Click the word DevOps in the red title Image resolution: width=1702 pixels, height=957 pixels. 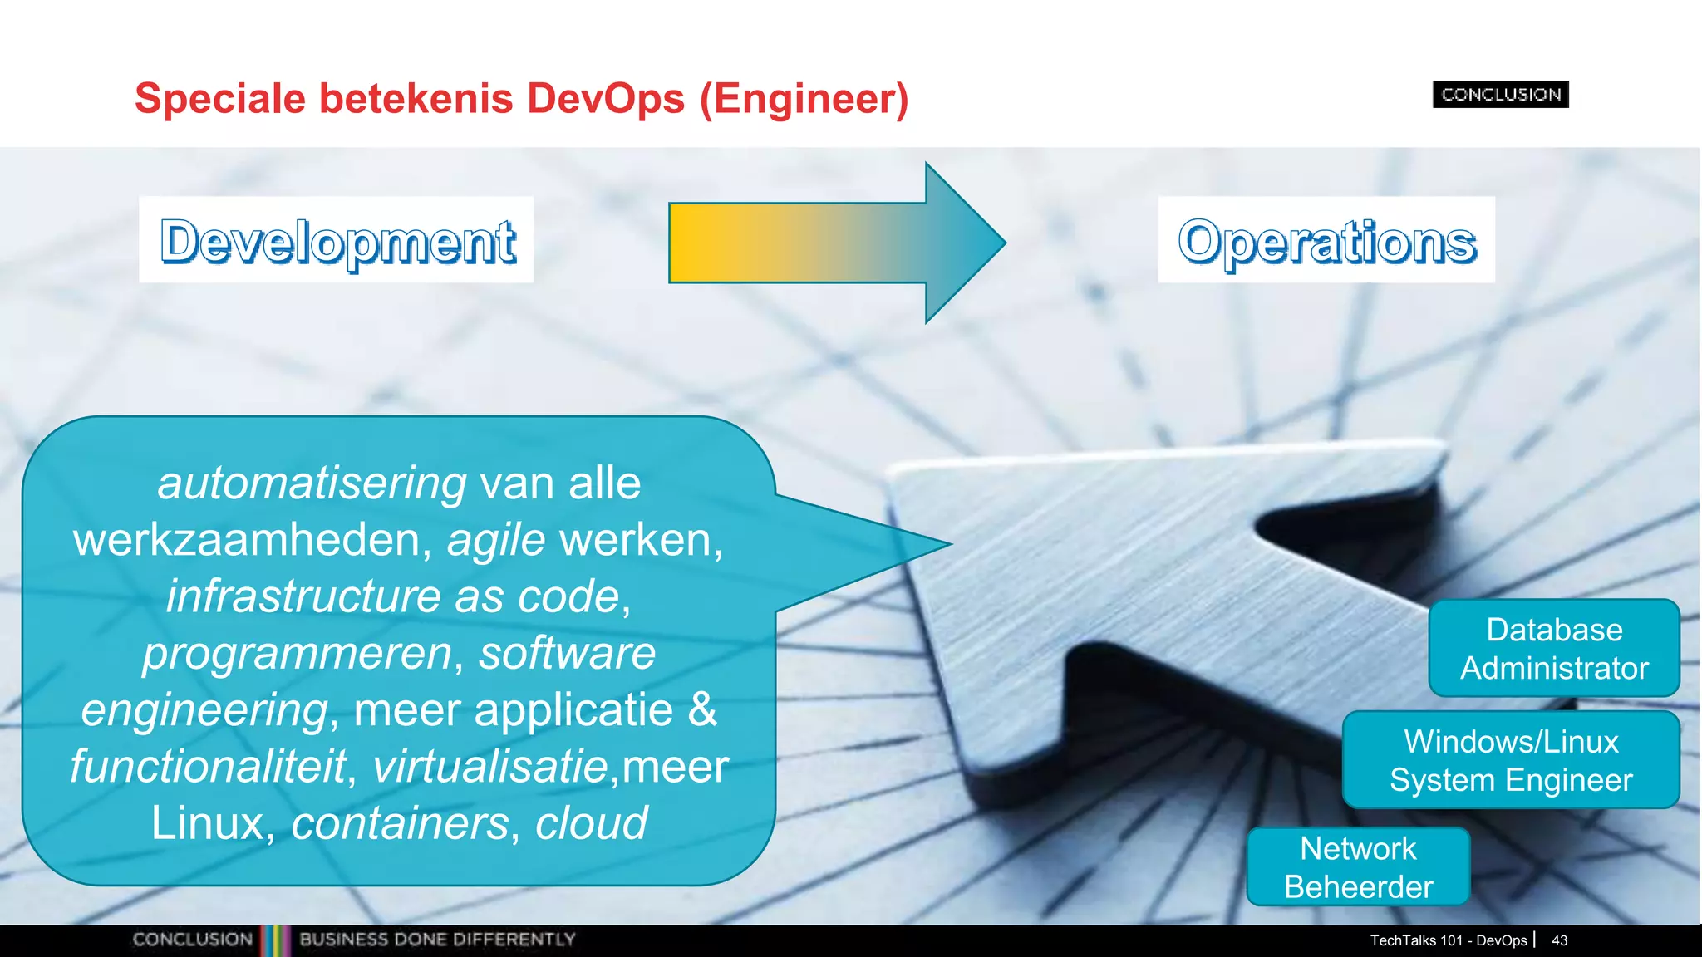click(x=605, y=99)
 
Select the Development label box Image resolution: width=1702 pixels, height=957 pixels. click(x=337, y=240)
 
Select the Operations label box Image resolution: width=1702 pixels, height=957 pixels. click(x=1326, y=240)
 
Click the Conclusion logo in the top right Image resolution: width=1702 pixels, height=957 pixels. click(x=1500, y=95)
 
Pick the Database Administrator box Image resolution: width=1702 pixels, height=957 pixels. click(x=1554, y=648)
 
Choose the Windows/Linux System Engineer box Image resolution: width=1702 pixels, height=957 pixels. click(x=1511, y=760)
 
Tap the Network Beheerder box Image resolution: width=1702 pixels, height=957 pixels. click(x=1358, y=866)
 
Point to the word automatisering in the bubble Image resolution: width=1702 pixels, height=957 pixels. click(x=312, y=483)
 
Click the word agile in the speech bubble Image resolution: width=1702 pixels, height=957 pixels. click(x=496, y=540)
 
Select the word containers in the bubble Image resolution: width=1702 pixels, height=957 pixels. click(x=400, y=823)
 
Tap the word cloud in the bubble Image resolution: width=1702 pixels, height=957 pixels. click(x=591, y=823)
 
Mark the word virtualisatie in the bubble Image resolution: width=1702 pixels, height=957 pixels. click(x=490, y=766)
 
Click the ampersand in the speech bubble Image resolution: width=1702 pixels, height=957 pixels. click(x=702, y=709)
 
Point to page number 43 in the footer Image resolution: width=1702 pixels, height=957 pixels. click(x=1559, y=940)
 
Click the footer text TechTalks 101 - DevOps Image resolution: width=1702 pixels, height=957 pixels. click(x=1448, y=940)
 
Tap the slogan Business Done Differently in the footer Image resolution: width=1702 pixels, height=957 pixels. click(x=437, y=940)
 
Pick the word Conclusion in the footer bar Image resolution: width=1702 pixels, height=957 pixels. click(x=192, y=940)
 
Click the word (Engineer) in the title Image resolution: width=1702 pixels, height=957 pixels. click(x=804, y=99)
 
